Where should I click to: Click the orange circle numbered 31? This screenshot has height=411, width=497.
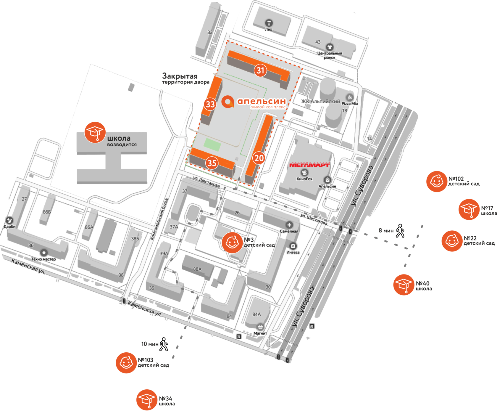point(260,70)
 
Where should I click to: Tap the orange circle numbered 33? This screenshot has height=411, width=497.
point(210,104)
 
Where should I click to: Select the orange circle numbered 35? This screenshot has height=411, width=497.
point(212,163)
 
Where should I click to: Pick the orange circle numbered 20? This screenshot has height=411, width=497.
point(259,158)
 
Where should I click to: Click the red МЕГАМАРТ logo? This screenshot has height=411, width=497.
point(309,165)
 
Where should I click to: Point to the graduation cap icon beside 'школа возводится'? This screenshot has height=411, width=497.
point(95,132)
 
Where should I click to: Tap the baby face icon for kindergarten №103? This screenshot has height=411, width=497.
point(126,363)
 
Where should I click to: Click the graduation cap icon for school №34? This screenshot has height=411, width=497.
point(147,400)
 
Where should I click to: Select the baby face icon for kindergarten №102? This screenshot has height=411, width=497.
point(437,181)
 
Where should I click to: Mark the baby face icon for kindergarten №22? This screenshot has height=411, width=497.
point(452,241)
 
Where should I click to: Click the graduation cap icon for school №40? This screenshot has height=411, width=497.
point(404,285)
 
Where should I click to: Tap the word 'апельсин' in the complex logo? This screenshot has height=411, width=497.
point(262,101)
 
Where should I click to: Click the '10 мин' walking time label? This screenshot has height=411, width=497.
point(150,344)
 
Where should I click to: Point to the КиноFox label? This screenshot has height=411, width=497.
point(304,179)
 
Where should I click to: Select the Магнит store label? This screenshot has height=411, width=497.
point(260,333)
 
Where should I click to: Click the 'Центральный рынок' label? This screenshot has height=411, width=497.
point(330,55)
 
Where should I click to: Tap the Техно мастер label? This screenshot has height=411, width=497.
point(43,259)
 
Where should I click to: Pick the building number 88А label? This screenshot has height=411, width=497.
point(197,269)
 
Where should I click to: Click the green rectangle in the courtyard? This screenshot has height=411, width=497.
point(212,145)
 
